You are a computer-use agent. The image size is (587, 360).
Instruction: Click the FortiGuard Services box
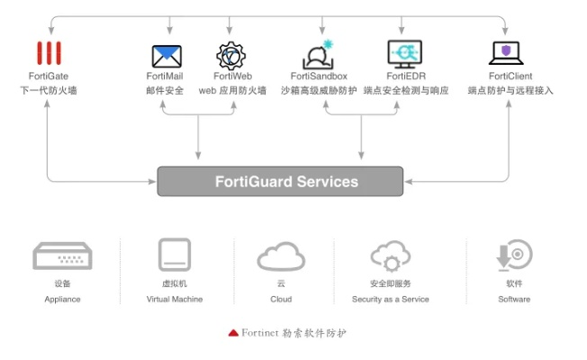[285, 181]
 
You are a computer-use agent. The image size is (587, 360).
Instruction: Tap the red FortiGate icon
[50, 53]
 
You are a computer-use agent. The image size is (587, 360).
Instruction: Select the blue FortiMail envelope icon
[165, 56]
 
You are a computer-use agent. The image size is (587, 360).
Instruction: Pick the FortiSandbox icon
[318, 54]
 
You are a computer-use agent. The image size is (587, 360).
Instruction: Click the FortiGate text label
[49, 76]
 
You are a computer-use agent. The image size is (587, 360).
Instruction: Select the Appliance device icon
[62, 256]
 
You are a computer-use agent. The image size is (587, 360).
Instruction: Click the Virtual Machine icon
[174, 255]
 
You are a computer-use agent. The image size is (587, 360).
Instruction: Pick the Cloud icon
[281, 256]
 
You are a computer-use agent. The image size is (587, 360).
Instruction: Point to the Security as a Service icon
[391, 256]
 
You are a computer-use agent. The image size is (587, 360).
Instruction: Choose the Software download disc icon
[514, 256]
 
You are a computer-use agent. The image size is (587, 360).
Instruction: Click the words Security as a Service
[390, 299]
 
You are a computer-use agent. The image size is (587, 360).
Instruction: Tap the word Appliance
[62, 299]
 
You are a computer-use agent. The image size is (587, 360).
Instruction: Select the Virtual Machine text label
[175, 299]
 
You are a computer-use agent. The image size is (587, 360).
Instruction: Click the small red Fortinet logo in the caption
[233, 332]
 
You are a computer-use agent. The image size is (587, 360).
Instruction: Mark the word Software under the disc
[513, 299]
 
